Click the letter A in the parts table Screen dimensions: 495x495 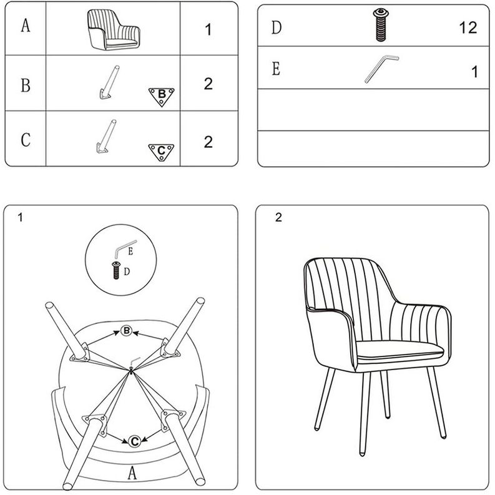coord(26,27)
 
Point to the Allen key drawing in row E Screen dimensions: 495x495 coord(381,69)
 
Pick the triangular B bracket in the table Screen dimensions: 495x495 coord(161,96)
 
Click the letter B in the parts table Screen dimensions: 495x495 coord(26,85)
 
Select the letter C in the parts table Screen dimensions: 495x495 coord(26,140)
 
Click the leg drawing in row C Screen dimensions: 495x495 coord(104,137)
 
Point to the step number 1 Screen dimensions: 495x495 coord(21,218)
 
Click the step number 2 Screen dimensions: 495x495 coord(278,218)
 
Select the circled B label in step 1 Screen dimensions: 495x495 coord(127,331)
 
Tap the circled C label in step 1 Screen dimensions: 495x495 coord(134,441)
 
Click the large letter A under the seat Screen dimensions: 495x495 coord(132,473)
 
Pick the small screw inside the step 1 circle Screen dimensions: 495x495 coord(116,270)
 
